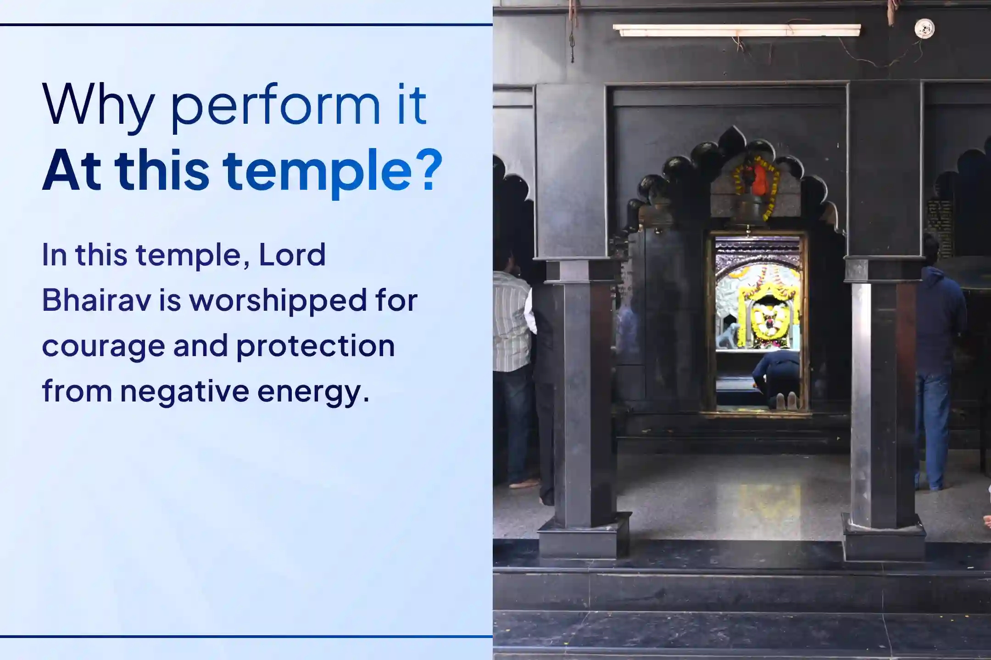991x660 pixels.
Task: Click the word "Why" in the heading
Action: [98, 104]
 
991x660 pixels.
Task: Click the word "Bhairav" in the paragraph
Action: [96, 300]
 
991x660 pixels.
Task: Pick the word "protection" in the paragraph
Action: [315, 346]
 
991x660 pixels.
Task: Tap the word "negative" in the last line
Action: [184, 392]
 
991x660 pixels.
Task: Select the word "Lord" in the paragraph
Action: [292, 255]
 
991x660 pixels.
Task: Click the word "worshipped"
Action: [278, 301]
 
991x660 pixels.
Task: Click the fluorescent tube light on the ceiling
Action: [736, 30]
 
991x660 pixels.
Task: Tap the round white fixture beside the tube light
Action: [924, 28]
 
